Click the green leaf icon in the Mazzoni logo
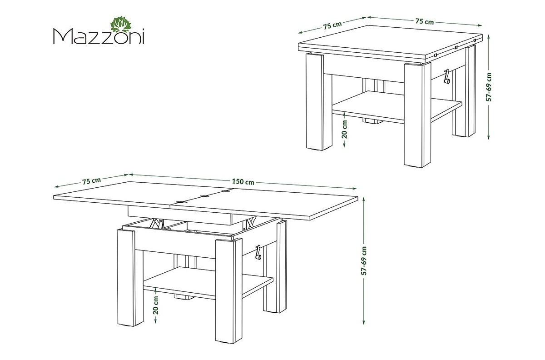pyautogui.click(x=121, y=24)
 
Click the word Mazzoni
pyautogui.click(x=99, y=36)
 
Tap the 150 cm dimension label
pyautogui.click(x=243, y=181)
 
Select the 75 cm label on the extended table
pyautogui.click(x=91, y=181)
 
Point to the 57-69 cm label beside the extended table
pyautogui.click(x=364, y=260)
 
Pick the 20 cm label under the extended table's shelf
pyautogui.click(x=156, y=305)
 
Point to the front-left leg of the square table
pyautogui.click(x=315, y=102)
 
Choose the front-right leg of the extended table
pyautogui.click(x=229, y=290)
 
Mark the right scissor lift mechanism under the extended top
pyautogui.click(x=251, y=222)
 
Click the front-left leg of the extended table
pyautogui.click(x=126, y=277)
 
